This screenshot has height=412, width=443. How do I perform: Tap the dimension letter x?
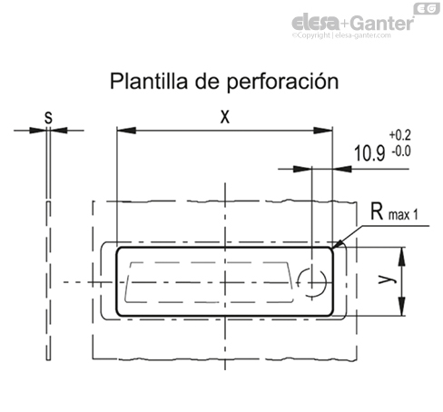[x=223, y=116]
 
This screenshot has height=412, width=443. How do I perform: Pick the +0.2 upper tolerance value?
[x=399, y=136]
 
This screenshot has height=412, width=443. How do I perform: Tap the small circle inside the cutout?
[x=314, y=282]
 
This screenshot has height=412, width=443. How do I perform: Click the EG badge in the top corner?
[x=426, y=8]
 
